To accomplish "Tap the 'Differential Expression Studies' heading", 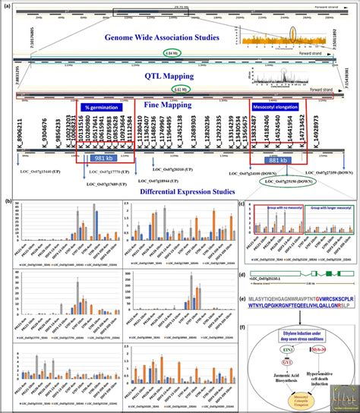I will tap(179, 190).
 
